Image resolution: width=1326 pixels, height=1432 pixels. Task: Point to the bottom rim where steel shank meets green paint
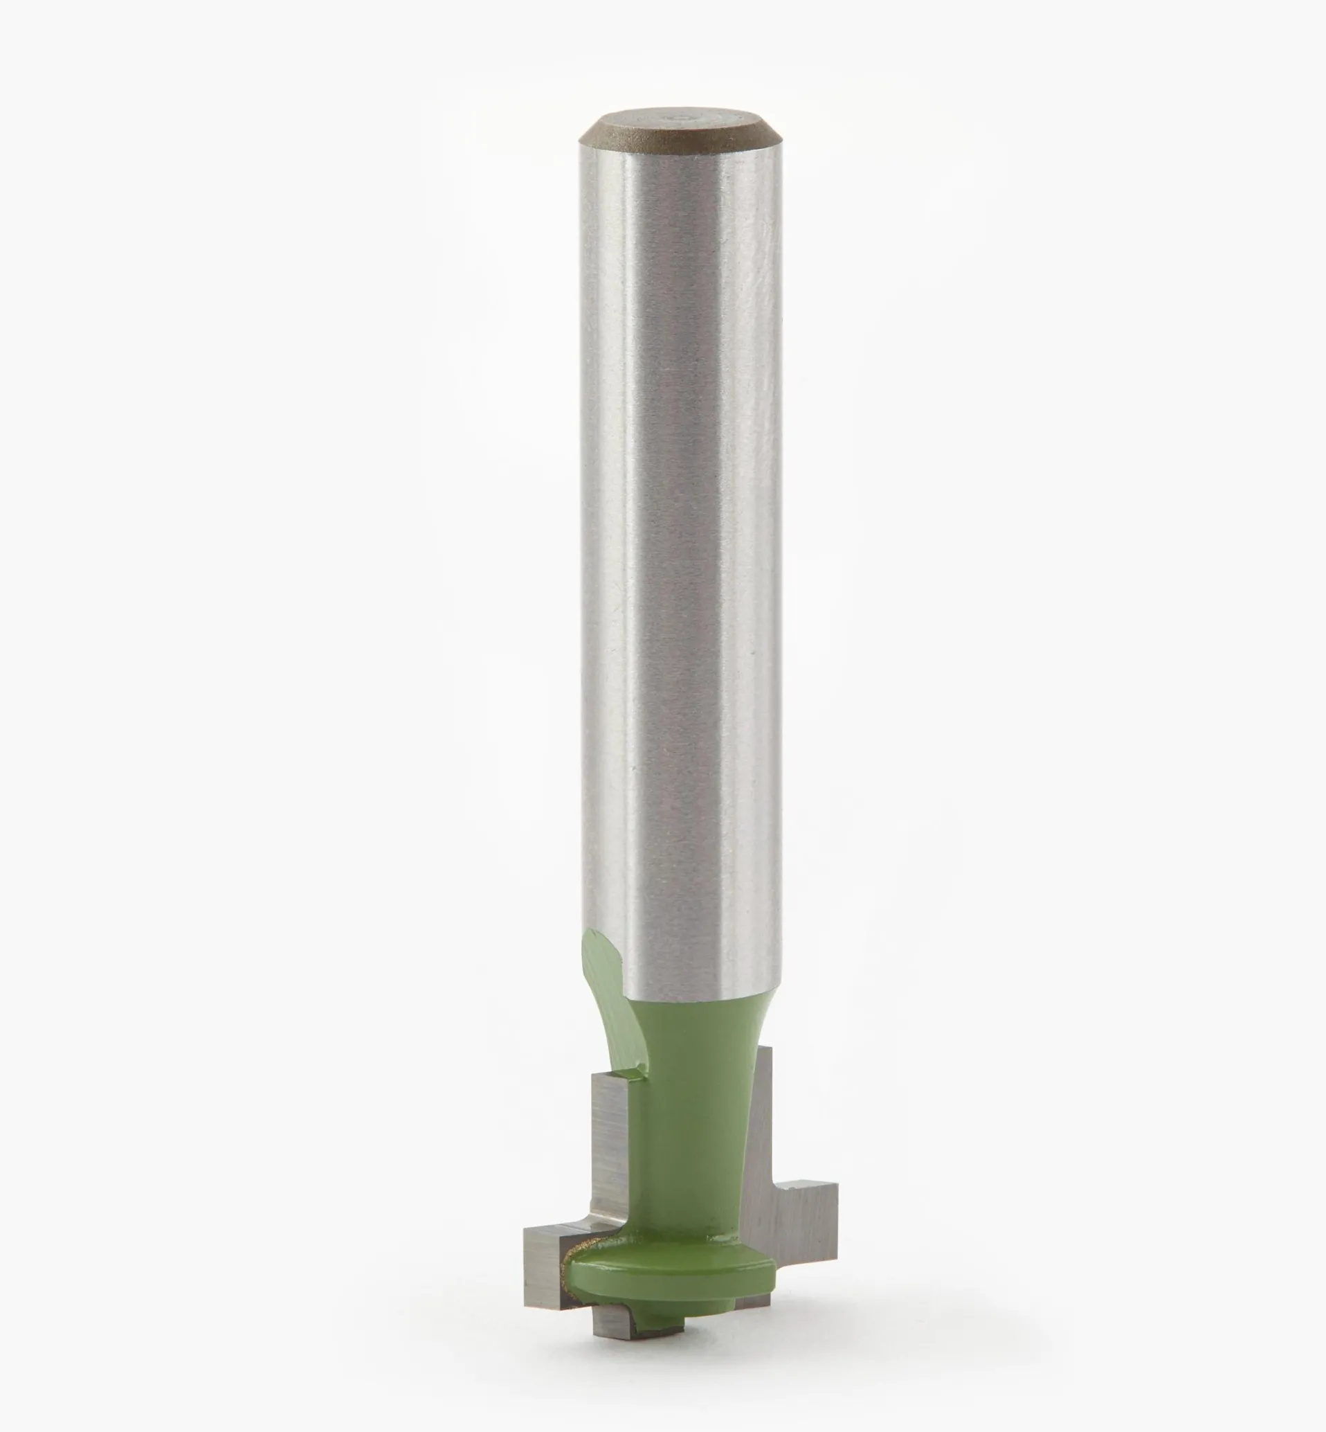(689, 999)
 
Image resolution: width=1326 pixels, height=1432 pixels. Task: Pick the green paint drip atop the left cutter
(631, 1094)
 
